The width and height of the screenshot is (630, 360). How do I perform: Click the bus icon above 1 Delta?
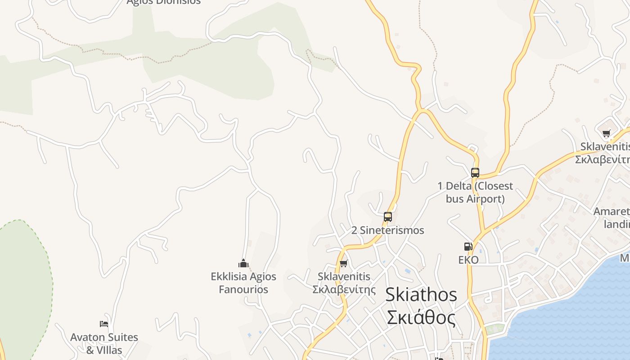[x=475, y=172]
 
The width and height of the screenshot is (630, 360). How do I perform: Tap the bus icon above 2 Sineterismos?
[x=388, y=217]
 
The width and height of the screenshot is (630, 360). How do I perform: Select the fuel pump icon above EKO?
[x=468, y=247]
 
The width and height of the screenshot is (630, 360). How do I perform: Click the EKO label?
[x=468, y=260]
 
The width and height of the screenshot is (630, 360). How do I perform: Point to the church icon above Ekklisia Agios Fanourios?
[x=243, y=263]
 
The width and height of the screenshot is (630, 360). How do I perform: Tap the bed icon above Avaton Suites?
[x=104, y=324]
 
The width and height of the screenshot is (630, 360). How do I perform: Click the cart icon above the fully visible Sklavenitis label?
[x=344, y=263]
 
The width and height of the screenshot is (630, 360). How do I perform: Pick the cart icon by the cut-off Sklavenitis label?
[x=606, y=133]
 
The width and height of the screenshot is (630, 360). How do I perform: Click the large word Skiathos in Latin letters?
[x=421, y=295]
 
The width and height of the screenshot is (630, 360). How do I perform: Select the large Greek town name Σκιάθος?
[x=421, y=317]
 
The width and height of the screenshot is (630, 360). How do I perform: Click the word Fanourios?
[x=243, y=289]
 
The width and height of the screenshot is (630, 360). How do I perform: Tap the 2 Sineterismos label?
[x=387, y=230]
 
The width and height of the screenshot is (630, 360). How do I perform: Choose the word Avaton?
[x=87, y=337]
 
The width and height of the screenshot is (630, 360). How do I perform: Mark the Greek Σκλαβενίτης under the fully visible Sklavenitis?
[x=344, y=289]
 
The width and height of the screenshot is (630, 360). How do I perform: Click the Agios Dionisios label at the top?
[x=163, y=2]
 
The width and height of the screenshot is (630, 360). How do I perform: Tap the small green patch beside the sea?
[x=495, y=329]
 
